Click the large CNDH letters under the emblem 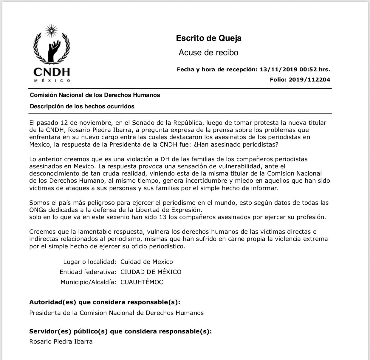coord(52,72)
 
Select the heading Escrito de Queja coord(209,38)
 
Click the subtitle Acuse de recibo coord(208,53)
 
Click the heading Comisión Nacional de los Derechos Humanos coord(95,95)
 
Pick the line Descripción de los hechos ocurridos coord(82,106)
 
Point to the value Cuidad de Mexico coord(147,262)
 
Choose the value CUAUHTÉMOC coord(142,282)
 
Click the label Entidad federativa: coord(88,272)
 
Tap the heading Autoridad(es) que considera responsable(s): coord(105,302)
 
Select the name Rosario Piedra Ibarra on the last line coord(61,341)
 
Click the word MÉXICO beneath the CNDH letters coord(52,81)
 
